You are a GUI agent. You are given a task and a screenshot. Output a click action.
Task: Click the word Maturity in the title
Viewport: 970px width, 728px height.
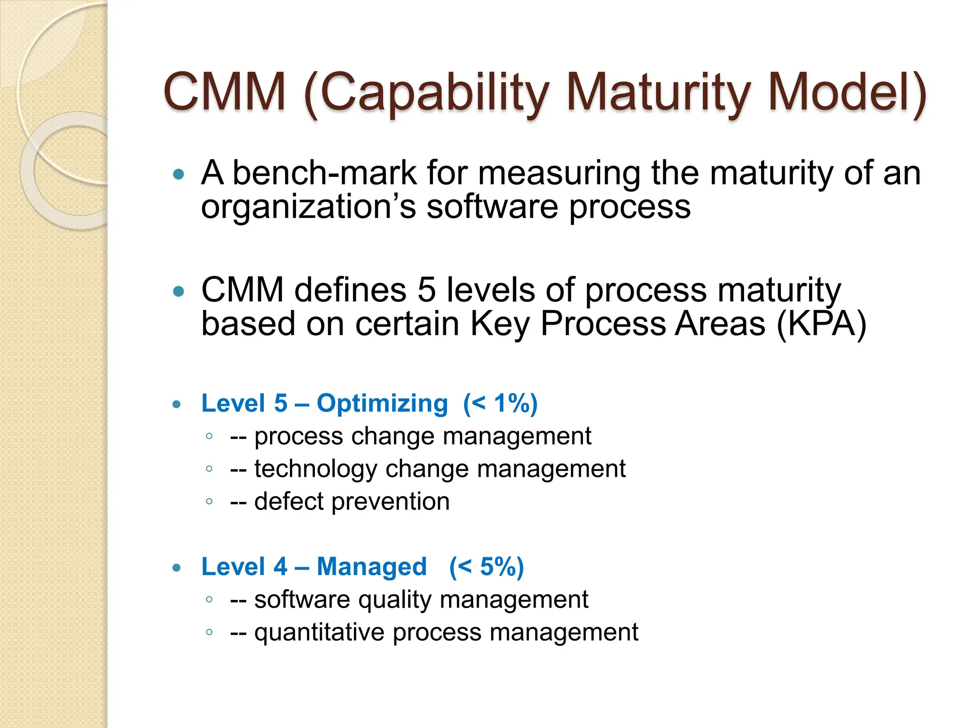658,92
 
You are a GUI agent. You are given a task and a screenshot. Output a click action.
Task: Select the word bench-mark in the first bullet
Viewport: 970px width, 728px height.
324,173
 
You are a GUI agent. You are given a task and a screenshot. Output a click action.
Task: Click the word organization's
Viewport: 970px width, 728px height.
308,208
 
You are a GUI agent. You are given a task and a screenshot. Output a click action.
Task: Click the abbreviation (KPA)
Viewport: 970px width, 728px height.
821,324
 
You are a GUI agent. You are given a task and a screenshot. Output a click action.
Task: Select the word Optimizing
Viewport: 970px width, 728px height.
382,404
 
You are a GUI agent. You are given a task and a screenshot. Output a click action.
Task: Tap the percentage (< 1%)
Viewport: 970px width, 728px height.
500,404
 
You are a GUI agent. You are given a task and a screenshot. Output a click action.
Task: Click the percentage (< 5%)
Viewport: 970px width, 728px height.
486,567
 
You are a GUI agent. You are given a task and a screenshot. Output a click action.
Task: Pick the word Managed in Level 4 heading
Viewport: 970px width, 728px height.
371,567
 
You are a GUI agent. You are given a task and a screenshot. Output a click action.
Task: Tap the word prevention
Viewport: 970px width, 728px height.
390,502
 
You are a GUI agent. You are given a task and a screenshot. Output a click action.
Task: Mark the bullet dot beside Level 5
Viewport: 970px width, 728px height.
177,404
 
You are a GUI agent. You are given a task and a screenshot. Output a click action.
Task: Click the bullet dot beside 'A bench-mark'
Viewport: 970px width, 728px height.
179,174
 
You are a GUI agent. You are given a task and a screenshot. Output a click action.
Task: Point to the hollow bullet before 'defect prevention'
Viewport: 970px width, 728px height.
209,501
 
